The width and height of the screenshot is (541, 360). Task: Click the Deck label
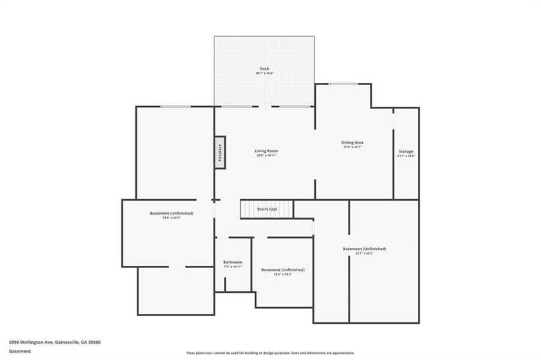click(264, 69)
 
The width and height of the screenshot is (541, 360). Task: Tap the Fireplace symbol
click(220, 152)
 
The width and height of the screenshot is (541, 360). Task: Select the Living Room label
click(267, 151)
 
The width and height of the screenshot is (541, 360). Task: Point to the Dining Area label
click(353, 142)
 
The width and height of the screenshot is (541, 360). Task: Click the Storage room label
click(406, 151)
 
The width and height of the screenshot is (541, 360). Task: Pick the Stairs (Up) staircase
click(267, 209)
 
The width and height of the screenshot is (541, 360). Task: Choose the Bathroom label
click(233, 262)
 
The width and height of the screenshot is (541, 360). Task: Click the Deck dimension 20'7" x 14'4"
click(264, 74)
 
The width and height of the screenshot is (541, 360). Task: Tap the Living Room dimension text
click(267, 155)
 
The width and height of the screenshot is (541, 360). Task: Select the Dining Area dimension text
click(353, 147)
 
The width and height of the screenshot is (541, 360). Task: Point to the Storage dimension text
click(406, 156)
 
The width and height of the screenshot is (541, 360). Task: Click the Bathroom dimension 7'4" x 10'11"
click(233, 267)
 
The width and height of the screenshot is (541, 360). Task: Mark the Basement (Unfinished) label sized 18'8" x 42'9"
click(172, 213)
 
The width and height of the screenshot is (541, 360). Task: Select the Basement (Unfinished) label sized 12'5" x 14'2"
click(283, 269)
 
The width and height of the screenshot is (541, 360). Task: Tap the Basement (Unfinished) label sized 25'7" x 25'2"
click(364, 248)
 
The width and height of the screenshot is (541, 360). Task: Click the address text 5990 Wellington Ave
click(55, 342)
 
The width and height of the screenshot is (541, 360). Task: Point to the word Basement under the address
click(20, 352)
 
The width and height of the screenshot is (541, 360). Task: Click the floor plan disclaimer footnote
click(270, 353)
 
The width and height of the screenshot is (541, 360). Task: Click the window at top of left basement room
click(175, 106)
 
